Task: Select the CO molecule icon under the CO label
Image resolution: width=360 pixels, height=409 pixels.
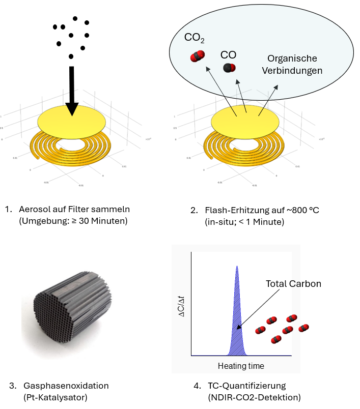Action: [229, 68]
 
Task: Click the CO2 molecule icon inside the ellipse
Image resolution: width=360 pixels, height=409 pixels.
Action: [197, 56]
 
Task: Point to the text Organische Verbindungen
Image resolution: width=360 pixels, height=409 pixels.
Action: [292, 65]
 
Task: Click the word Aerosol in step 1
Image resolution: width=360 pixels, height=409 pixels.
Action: [34, 209]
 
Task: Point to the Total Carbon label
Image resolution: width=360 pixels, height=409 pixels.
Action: [293, 284]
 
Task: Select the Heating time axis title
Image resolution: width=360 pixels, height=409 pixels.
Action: [241, 366]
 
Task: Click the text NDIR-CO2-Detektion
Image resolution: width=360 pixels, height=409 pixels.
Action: [255, 397]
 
